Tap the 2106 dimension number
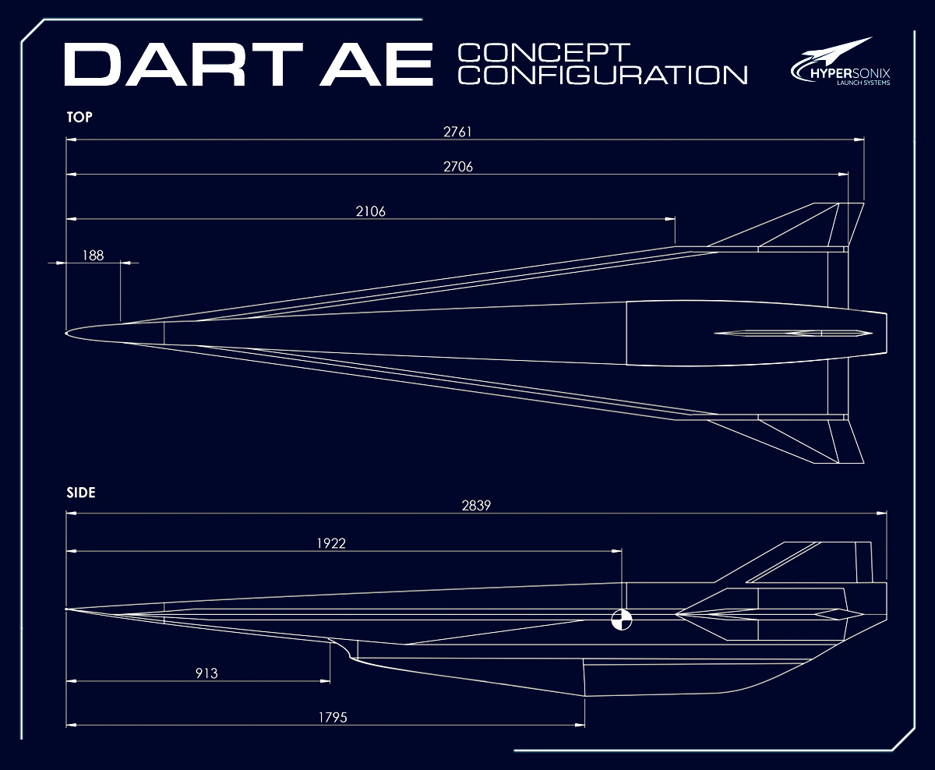point(372,210)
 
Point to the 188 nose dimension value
point(92,254)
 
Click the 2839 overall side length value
point(476,505)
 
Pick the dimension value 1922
point(332,543)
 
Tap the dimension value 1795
point(333,717)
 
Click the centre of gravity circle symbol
point(622,620)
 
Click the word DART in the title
point(184,65)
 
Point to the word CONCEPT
point(543,53)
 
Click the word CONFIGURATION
point(602,75)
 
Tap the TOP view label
point(79,117)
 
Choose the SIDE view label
point(81,493)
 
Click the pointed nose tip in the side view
point(68,609)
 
